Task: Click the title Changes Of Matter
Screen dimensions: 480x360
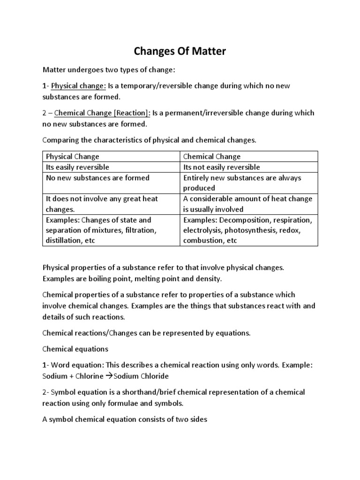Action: click(180, 51)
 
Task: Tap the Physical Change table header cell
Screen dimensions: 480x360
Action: click(72, 157)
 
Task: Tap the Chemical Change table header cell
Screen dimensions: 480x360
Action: click(212, 157)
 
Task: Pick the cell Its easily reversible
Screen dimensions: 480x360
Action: click(77, 167)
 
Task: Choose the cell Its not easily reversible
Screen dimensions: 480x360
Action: click(221, 167)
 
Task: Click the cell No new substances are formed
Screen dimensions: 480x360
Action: click(97, 178)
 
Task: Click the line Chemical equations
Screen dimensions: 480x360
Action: click(75, 349)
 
